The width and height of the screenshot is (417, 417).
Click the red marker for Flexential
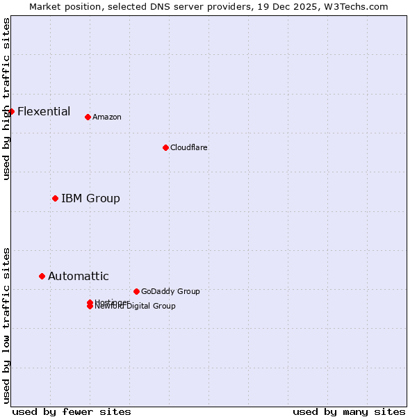[x=11, y=111]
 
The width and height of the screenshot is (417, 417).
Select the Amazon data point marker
[x=88, y=117]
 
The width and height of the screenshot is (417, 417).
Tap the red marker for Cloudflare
[x=165, y=147]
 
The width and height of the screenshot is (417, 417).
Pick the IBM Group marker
[x=55, y=198]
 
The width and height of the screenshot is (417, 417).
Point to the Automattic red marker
[x=42, y=276]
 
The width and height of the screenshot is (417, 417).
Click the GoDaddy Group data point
[x=136, y=291]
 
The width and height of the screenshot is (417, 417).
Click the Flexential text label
[x=44, y=111]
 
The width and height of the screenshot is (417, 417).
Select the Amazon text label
[x=106, y=117]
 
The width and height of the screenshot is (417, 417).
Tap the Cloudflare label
[x=188, y=147]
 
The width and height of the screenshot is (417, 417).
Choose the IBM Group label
[x=90, y=198]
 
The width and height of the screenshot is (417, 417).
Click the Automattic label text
[x=78, y=276]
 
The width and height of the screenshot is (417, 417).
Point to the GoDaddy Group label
[x=170, y=291]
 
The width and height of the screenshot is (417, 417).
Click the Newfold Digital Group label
[x=136, y=306]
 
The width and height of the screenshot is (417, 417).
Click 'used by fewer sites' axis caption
[x=72, y=411]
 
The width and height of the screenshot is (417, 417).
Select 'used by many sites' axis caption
[x=349, y=411]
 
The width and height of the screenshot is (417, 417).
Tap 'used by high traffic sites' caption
[x=6, y=99]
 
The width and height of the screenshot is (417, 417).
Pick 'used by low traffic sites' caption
[x=6, y=325]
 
